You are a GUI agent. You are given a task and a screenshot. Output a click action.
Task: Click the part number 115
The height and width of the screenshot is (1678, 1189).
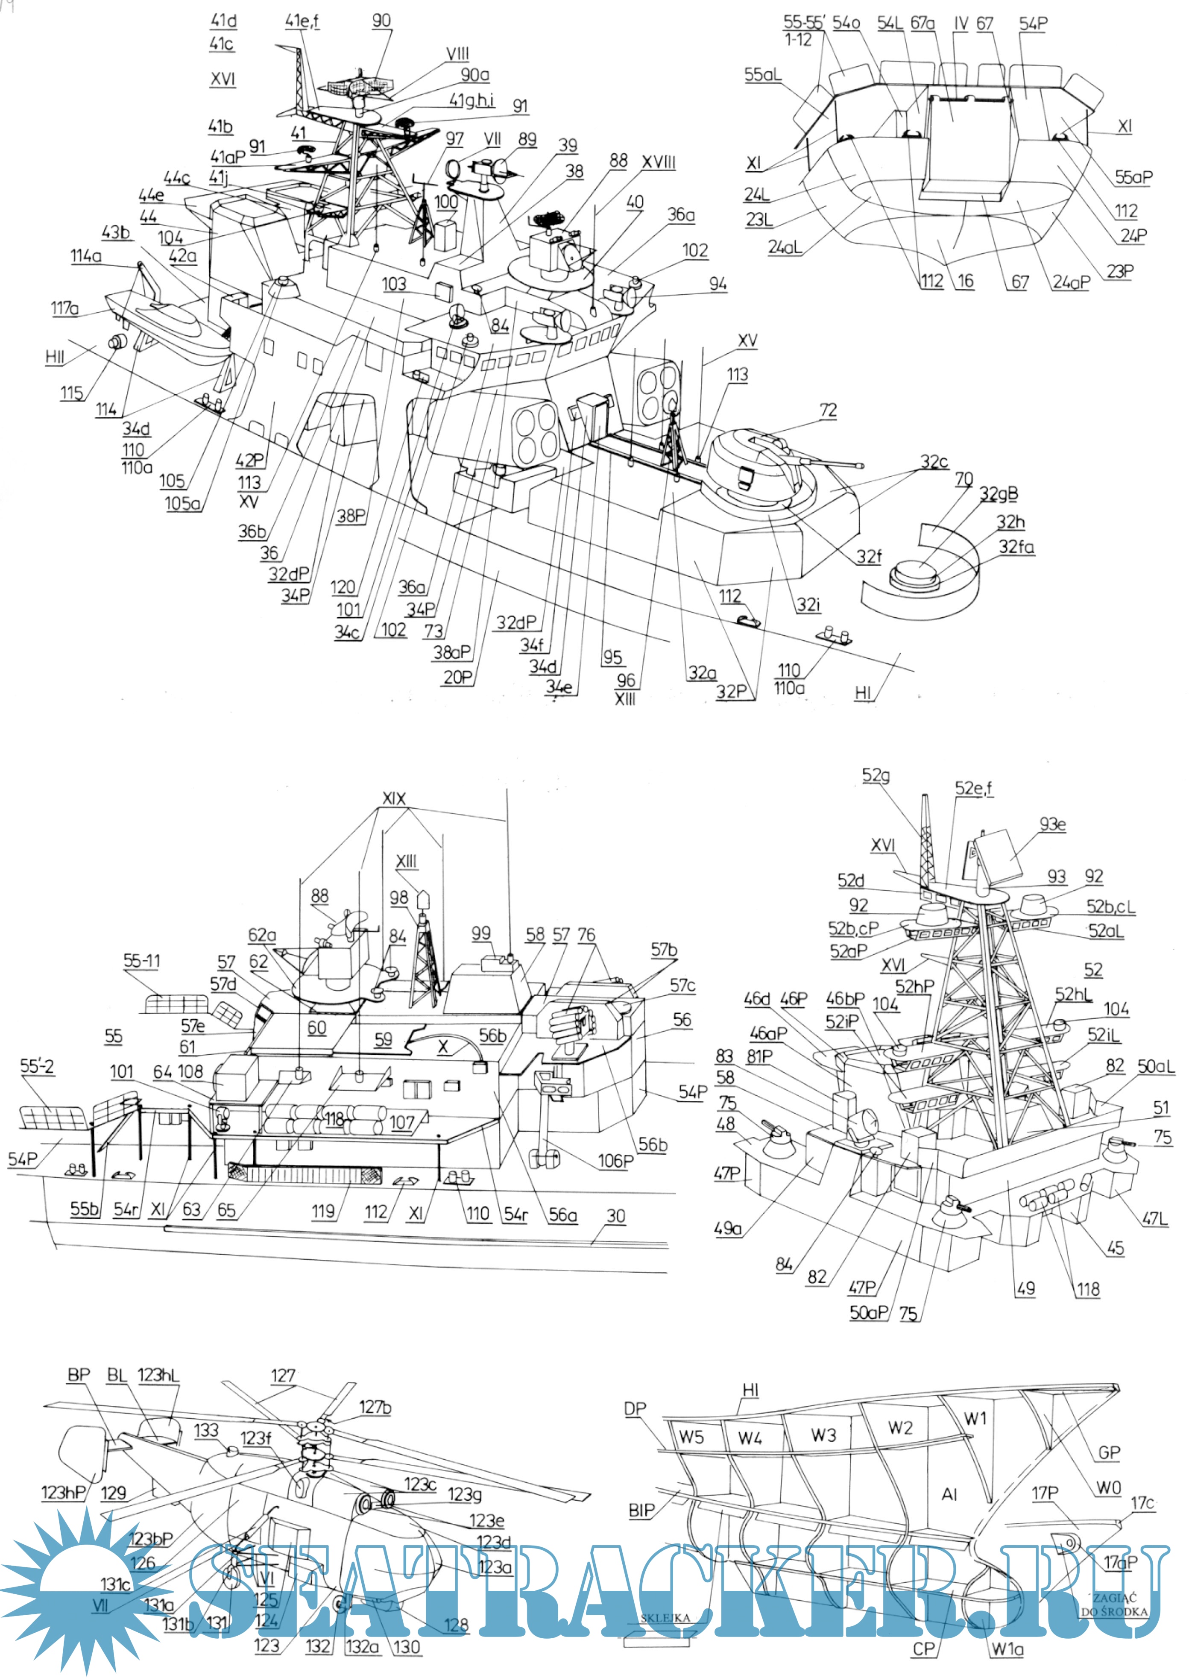coord(71,393)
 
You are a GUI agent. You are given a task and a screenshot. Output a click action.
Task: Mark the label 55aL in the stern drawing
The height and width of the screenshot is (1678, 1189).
coord(762,75)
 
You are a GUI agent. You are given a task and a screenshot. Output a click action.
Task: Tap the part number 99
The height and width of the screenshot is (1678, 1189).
coord(481,933)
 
